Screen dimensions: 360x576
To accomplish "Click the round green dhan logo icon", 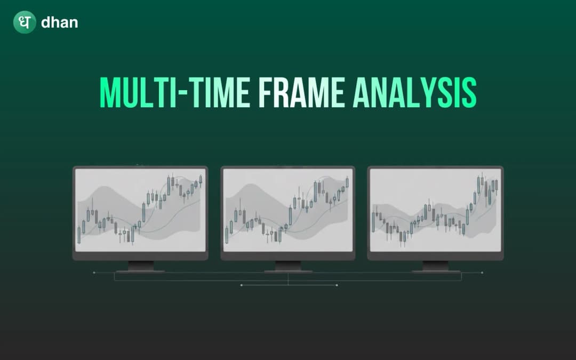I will pyautogui.click(x=25, y=22).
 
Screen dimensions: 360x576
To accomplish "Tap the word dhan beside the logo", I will pyautogui.click(x=59, y=23).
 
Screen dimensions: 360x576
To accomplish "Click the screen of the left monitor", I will pyautogui.click(x=140, y=210).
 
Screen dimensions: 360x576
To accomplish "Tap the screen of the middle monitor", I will pyautogui.click(x=288, y=210).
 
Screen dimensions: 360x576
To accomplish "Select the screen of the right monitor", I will pyautogui.click(x=435, y=210).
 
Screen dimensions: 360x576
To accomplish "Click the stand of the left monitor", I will pyautogui.click(x=141, y=266).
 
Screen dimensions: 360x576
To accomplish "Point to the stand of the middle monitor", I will pyautogui.click(x=288, y=266).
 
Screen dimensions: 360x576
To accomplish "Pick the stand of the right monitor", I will pyautogui.click(x=436, y=266).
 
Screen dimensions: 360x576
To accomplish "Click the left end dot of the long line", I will pyautogui.click(x=94, y=273).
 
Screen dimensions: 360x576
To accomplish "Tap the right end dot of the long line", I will pyautogui.click(x=482, y=273).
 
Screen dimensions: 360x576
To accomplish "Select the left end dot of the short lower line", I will pyautogui.click(x=241, y=285).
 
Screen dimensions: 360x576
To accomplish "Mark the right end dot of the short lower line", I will pyautogui.click(x=337, y=285).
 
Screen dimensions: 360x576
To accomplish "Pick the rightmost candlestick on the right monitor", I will pyautogui.click(x=496, y=186).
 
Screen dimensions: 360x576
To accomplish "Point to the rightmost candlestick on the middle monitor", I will pyautogui.click(x=347, y=182).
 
